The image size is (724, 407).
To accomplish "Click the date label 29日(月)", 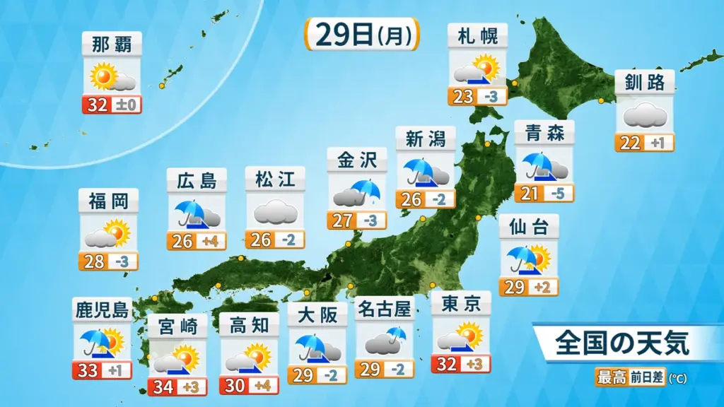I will pos(362,35).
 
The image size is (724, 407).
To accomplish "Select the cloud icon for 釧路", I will pos(644,114).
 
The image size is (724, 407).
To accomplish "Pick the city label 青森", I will pos(544,132).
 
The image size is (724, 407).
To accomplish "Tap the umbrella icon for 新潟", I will pos(418,171).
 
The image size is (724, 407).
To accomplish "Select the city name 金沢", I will pos(357,160).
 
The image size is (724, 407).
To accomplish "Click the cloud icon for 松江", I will pos(274,211).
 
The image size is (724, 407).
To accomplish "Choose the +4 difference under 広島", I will pos(210,241).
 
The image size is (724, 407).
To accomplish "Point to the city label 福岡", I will pos(108,201).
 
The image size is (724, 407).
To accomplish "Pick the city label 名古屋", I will pos(385,308).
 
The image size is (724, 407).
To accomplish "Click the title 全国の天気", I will pos(621,344).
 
